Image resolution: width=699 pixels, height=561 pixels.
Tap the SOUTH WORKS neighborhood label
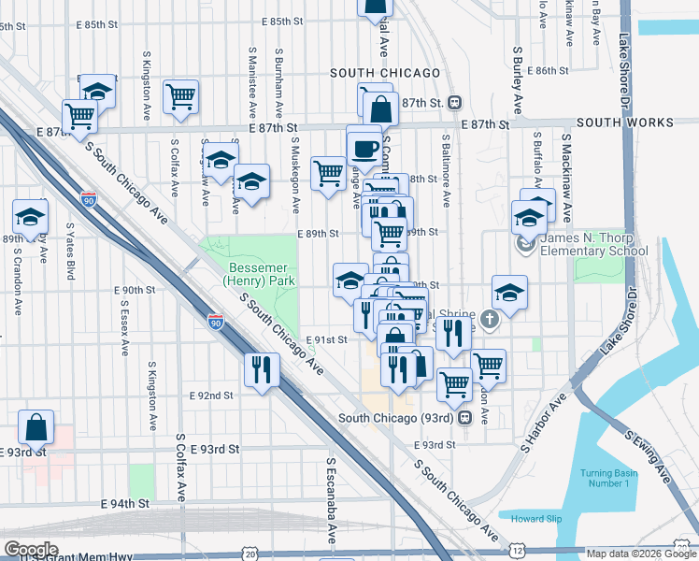point(625,122)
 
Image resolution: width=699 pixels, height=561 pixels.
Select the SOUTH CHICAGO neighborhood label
point(384,73)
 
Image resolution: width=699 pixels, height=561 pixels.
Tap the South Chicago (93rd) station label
point(397,418)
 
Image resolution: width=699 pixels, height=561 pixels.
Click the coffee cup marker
point(364,148)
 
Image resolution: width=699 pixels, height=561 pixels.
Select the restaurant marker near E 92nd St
point(262,368)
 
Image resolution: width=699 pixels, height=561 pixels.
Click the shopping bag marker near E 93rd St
point(36,427)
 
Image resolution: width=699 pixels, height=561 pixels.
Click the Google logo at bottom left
point(31,549)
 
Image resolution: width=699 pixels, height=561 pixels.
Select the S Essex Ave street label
point(124,321)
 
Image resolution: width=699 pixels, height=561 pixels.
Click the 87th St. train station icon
point(454,103)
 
